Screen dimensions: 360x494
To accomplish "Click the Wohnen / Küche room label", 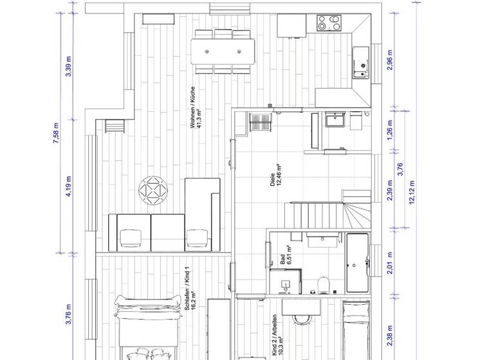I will click(x=196, y=108).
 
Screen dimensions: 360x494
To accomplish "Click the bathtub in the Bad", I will click(x=358, y=263).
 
